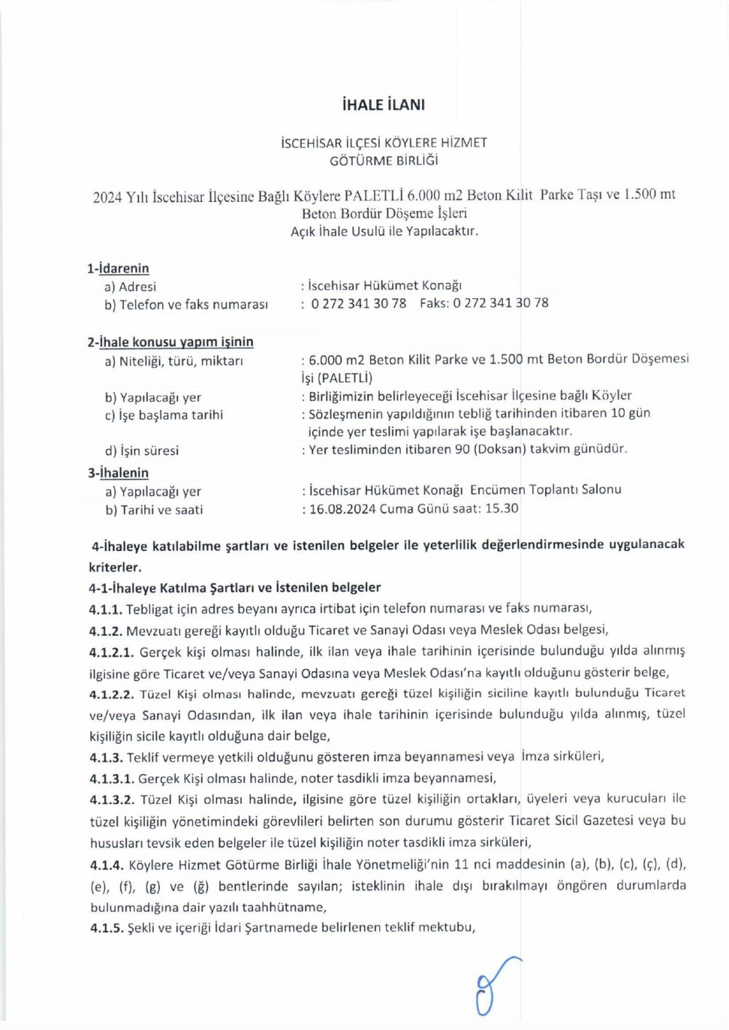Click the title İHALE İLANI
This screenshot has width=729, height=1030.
383,104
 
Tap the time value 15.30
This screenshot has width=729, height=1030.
502,508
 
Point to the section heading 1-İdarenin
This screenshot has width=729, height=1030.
118,268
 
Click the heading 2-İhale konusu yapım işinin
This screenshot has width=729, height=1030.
171,342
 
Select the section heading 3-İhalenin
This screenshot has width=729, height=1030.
118,472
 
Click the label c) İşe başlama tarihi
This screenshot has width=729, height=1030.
163,415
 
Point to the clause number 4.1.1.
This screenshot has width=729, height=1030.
106,609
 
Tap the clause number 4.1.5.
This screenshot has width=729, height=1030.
106,928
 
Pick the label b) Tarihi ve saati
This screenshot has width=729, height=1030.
154,510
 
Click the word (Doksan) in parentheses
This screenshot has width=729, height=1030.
499,449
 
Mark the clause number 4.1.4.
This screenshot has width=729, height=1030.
106,865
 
